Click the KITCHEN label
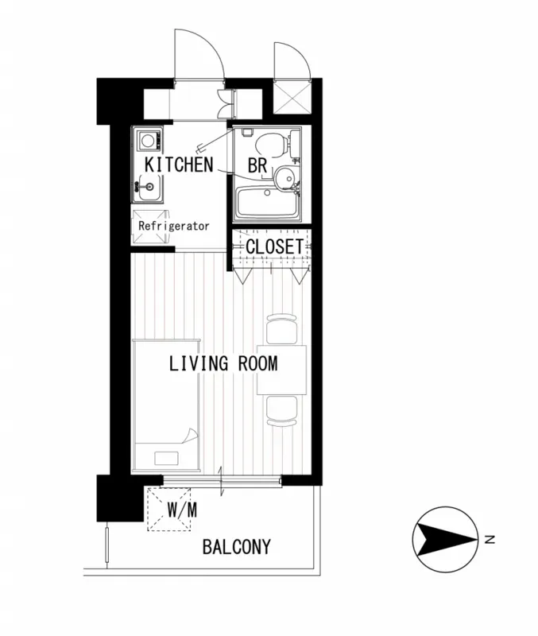(179, 165)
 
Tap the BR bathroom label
(257, 165)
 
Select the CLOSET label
(274, 246)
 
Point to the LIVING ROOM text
(223, 363)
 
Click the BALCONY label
(236, 547)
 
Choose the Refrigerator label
(174, 226)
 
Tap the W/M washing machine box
(169, 509)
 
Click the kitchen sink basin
(149, 187)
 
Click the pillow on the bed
(167, 459)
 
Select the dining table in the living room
(282, 370)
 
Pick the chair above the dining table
(282, 329)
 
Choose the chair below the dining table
(282, 411)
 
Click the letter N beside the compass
(490, 540)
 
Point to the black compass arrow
(446, 540)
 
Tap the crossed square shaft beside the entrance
(292, 97)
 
